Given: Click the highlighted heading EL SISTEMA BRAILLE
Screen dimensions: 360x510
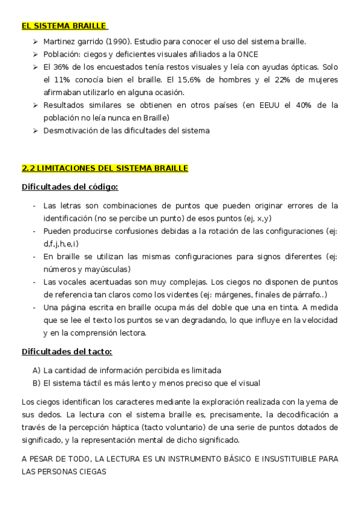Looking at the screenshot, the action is pyautogui.click(x=64, y=26).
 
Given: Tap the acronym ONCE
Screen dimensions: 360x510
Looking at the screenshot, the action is pyautogui.click(x=248, y=54).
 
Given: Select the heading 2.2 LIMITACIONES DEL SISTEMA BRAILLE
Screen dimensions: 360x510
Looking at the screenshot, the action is pyautogui.click(x=105, y=168).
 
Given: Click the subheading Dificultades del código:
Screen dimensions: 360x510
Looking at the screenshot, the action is pyautogui.click(x=70, y=187).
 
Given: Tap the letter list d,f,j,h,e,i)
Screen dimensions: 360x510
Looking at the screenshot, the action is pyautogui.click(x=61, y=244).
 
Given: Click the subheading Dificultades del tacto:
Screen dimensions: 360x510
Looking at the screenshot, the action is pyautogui.click(x=67, y=351).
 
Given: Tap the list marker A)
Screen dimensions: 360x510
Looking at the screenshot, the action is pyautogui.click(x=37, y=370).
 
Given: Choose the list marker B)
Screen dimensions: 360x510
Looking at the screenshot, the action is pyautogui.click(x=37, y=383).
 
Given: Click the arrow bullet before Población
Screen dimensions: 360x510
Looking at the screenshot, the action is pyautogui.click(x=36, y=54).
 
